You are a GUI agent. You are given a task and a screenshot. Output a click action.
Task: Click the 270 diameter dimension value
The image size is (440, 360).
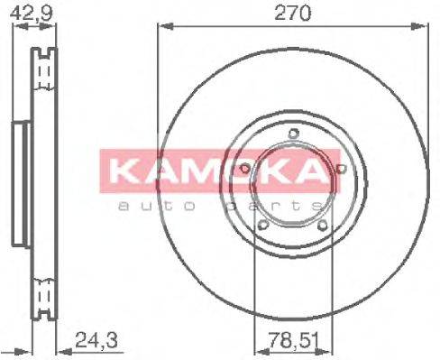[x=293, y=13]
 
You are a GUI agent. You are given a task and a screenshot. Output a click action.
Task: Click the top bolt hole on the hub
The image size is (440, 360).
[x=293, y=135]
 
